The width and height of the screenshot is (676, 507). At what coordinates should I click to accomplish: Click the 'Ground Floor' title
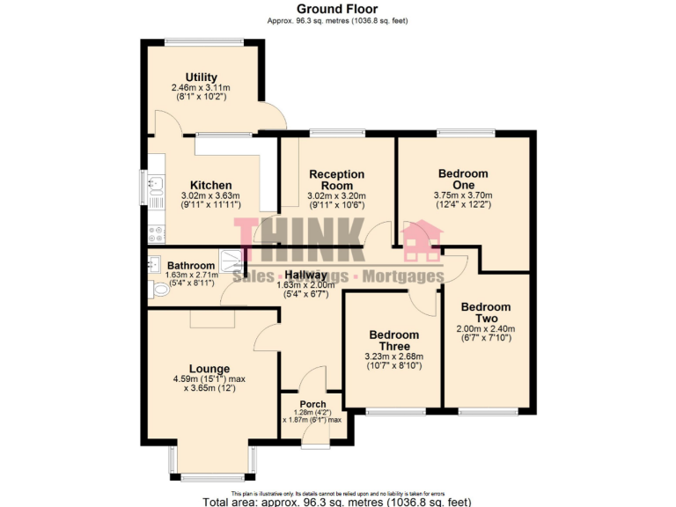pyautogui.click(x=339, y=9)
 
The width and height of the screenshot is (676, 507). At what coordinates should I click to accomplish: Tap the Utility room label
pyautogui.click(x=201, y=77)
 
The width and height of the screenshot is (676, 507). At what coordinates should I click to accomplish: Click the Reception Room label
pyautogui.click(x=336, y=180)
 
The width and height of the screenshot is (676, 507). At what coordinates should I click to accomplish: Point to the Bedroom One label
pyautogui.click(x=462, y=180)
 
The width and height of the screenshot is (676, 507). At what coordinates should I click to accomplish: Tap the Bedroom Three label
pyautogui.click(x=393, y=341)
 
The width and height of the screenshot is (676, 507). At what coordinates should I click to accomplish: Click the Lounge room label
pyautogui.click(x=209, y=369)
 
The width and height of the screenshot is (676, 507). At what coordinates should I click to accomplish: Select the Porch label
pyautogui.click(x=312, y=405)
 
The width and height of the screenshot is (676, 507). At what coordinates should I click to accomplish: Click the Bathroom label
pyautogui.click(x=191, y=266)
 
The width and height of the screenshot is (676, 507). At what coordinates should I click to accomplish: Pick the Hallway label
pyautogui.click(x=305, y=275)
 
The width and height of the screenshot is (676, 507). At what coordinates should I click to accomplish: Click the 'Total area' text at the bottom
pyautogui.click(x=339, y=501)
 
